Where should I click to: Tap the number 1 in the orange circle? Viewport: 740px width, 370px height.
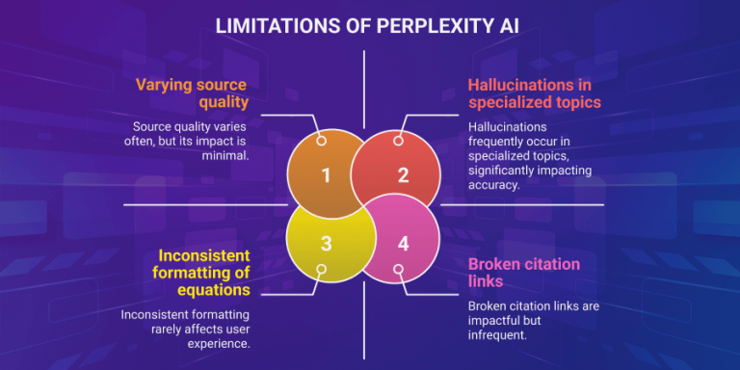[326, 174]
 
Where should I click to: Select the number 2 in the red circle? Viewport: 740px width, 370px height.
[403, 174]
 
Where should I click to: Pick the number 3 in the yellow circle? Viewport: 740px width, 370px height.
[326, 243]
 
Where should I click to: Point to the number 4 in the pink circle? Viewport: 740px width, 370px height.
[403, 243]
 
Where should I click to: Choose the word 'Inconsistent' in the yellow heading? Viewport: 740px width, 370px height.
[203, 255]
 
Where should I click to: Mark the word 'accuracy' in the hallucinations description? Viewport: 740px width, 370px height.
[493, 185]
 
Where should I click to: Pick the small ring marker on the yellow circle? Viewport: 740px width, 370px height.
[322, 271]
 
